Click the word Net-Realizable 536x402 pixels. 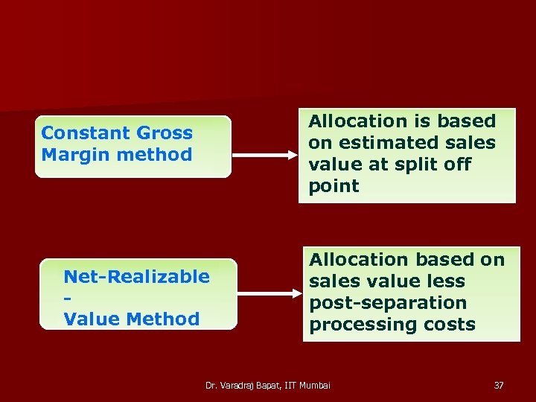[136, 277]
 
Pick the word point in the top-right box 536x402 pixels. [334, 186]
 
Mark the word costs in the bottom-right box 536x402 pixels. [448, 325]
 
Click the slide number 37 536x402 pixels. [499, 386]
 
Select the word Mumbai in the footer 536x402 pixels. [313, 386]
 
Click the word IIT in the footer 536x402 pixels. [287, 386]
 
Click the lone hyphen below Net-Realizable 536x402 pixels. [68, 299]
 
